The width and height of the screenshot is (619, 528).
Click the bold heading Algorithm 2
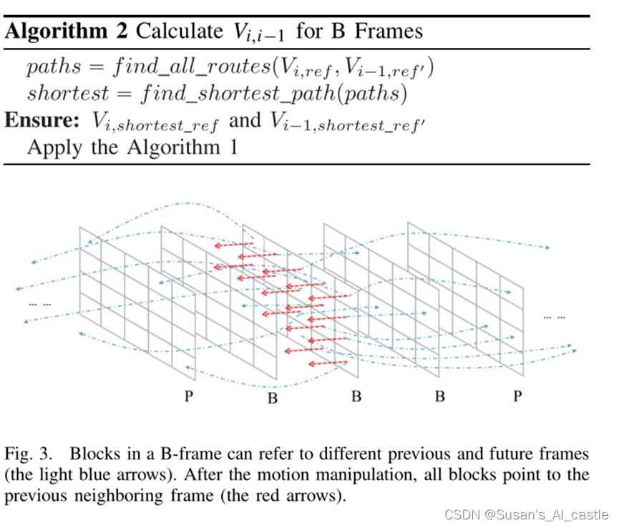click(67, 31)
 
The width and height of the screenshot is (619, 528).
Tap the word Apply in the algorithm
click(51, 147)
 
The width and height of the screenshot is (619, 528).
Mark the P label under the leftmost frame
click(189, 396)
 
